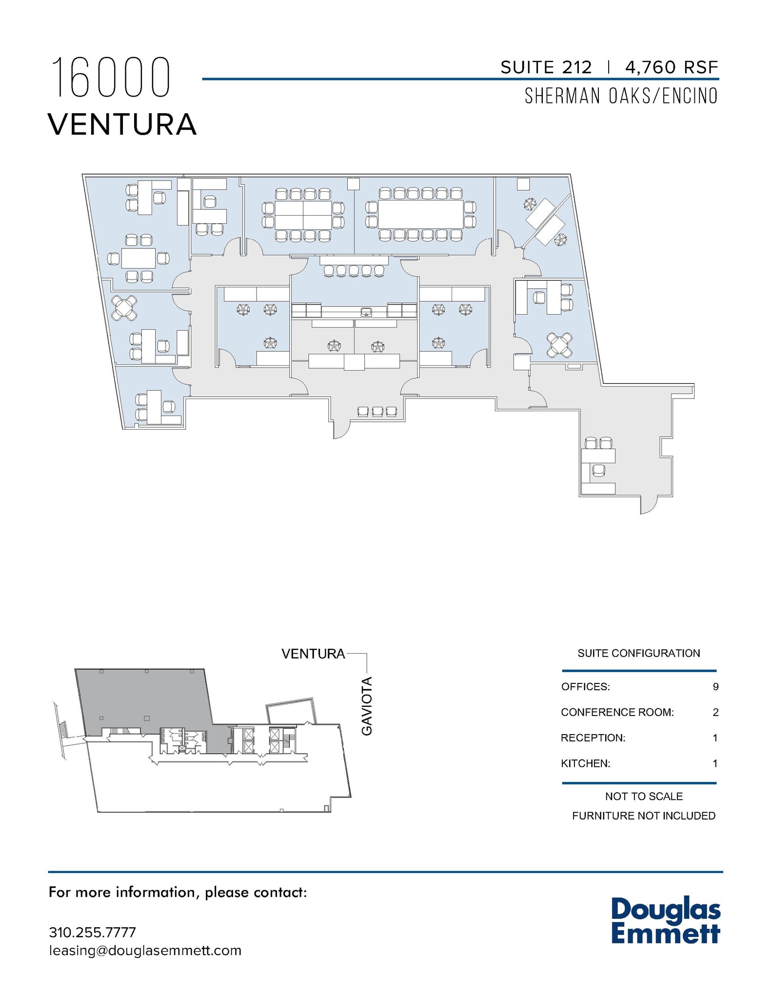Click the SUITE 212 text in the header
[x=546, y=67]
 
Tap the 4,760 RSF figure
[x=672, y=67]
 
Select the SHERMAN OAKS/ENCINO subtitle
[x=621, y=96]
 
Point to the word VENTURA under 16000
[x=122, y=124]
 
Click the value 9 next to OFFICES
[x=715, y=687]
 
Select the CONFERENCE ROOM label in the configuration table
[x=617, y=712]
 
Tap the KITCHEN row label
[x=585, y=763]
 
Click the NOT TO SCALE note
[x=644, y=796]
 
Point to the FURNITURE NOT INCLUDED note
[x=644, y=816]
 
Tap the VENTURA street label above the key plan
[x=313, y=654]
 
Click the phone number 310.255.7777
[x=92, y=932]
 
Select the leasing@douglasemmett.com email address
[x=145, y=951]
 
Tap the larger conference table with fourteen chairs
[x=420, y=214]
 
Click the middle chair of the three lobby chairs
[x=377, y=412]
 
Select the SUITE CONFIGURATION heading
[x=638, y=653]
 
